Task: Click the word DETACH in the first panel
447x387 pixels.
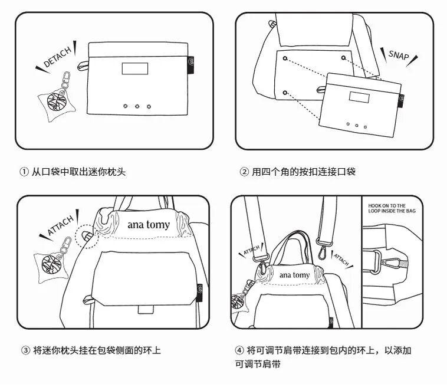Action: [x=58, y=56]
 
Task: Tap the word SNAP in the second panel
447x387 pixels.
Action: [x=399, y=55]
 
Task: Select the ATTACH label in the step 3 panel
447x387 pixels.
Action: [x=61, y=225]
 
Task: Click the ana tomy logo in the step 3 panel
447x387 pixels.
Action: [x=148, y=224]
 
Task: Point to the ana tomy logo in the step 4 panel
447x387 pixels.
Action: [x=294, y=275]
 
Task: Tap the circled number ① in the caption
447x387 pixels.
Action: [x=24, y=172]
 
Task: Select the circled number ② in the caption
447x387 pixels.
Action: [x=244, y=172]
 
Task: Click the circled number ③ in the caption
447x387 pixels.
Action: [x=25, y=350]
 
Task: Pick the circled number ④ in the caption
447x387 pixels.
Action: [x=239, y=350]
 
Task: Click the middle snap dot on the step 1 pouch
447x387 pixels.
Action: [x=137, y=107]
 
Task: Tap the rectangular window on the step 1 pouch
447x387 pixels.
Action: [x=134, y=68]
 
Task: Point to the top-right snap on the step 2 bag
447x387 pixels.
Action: [x=343, y=58]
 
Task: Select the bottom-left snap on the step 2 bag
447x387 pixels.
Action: [x=285, y=93]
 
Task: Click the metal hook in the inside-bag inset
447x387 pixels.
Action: [x=390, y=262]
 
